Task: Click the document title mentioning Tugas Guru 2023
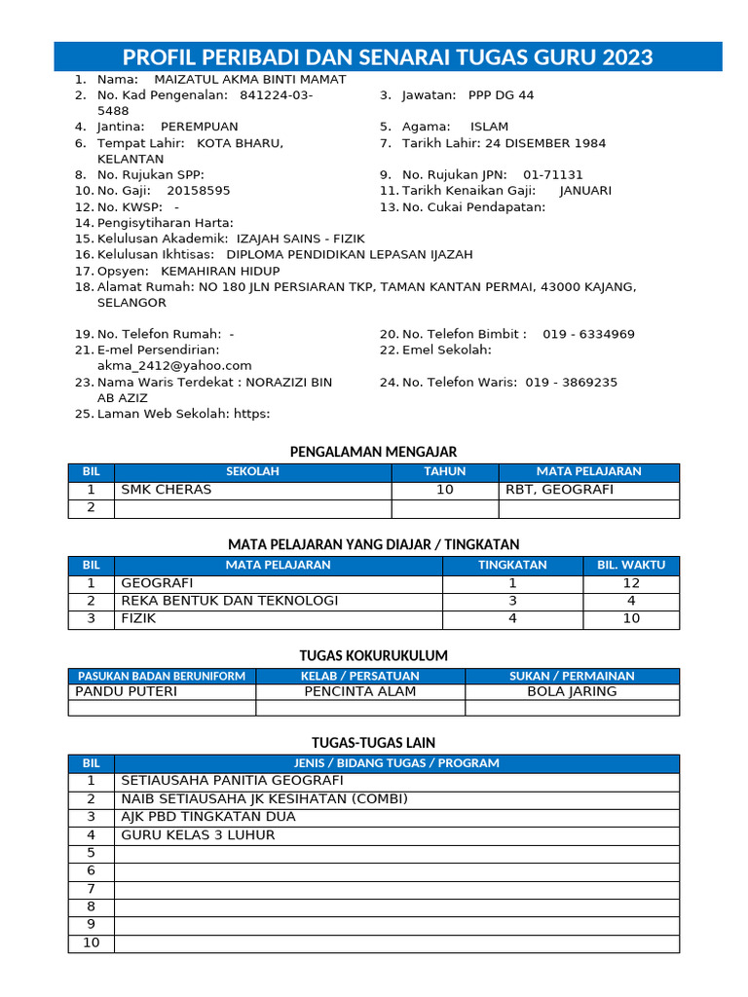[x=388, y=55]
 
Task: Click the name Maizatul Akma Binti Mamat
[x=237, y=79]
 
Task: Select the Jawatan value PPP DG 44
[x=501, y=95]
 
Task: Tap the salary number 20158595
[x=199, y=191]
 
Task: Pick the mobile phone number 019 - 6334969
[x=588, y=334]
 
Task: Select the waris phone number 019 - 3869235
[x=571, y=383]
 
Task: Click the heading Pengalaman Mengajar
[x=374, y=451]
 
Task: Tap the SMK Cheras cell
[x=166, y=490]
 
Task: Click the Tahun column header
[x=444, y=471]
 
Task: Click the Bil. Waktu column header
[x=631, y=565]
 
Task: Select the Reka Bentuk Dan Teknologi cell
[x=229, y=601]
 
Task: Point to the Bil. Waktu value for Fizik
[x=631, y=618]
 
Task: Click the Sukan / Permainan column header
[x=572, y=676]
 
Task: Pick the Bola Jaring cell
[x=572, y=691]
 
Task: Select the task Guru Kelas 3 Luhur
[x=198, y=835]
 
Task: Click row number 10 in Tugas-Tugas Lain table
[x=92, y=942]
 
